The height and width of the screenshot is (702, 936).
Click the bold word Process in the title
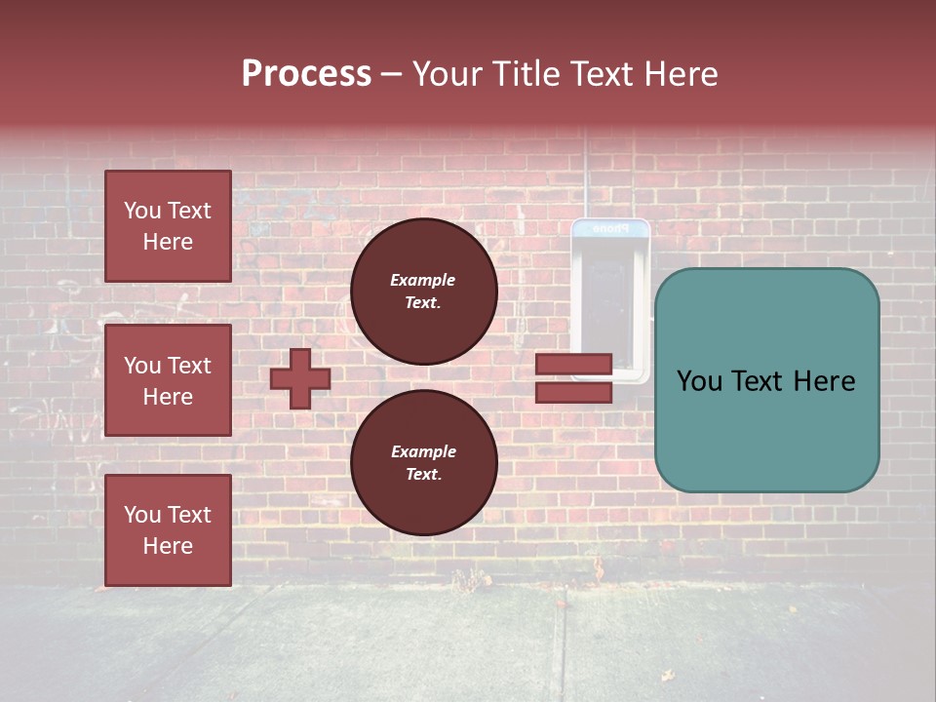click(306, 74)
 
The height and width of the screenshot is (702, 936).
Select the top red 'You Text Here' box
click(168, 226)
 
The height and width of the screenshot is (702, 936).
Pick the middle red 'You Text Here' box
click(168, 380)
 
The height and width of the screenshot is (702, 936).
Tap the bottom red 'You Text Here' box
click(168, 530)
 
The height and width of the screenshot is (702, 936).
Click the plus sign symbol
click(300, 378)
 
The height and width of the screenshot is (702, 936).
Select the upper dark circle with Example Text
click(423, 292)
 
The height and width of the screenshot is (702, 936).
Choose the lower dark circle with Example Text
click(423, 463)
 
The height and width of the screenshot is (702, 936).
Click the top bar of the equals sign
click(573, 365)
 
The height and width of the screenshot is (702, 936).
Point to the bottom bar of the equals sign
click(573, 393)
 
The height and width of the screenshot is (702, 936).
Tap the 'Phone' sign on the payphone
click(610, 229)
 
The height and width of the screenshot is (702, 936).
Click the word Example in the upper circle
click(423, 280)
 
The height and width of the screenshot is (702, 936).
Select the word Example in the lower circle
click(423, 451)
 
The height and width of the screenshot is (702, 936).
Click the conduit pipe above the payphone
click(585, 175)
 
